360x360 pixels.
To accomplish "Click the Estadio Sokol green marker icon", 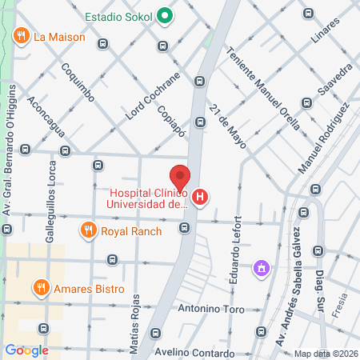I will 165,15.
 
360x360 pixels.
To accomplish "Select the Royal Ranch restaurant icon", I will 89,231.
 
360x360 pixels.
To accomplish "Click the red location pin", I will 180,176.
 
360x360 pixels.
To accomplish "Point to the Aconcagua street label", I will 44,117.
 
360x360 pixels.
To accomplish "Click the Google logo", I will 26,350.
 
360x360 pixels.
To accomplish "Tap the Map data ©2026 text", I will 325,354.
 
